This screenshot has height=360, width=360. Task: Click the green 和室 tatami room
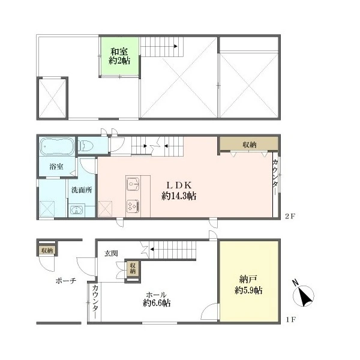click(120, 56)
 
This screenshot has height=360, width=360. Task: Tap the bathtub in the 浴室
click(57, 146)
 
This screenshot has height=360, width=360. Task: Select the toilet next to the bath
click(86, 146)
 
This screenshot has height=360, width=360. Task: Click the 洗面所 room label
click(82, 190)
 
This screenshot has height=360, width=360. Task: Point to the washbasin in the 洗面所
click(76, 210)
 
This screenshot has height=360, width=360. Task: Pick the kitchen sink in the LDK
click(133, 184)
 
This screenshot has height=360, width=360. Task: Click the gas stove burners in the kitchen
click(133, 206)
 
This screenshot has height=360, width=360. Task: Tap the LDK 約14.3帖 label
click(179, 190)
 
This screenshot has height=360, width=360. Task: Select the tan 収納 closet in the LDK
click(249, 145)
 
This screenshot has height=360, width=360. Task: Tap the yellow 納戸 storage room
click(249, 281)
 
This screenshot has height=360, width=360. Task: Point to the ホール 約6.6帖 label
click(157, 299)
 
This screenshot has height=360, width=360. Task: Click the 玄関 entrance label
click(111, 253)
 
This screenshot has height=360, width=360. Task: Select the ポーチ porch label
click(66, 281)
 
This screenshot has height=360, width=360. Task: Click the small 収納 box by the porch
click(47, 250)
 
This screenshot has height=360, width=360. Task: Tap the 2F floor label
click(290, 216)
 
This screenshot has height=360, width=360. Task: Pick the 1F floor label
click(290, 319)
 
